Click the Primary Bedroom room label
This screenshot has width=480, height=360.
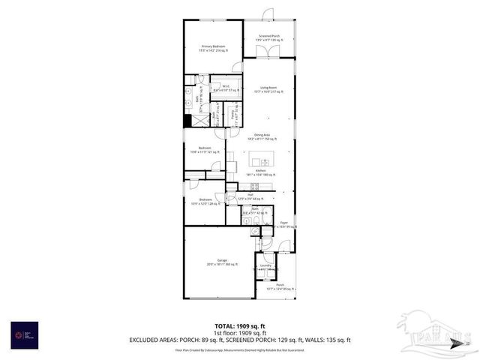[213, 47]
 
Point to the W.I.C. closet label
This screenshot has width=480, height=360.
[225, 87]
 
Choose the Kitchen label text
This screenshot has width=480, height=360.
[261, 171]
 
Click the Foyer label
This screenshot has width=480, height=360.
[285, 223]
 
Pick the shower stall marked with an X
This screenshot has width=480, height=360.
[201, 121]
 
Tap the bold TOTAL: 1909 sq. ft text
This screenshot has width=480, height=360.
[239, 325]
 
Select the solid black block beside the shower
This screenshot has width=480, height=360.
[187, 120]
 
